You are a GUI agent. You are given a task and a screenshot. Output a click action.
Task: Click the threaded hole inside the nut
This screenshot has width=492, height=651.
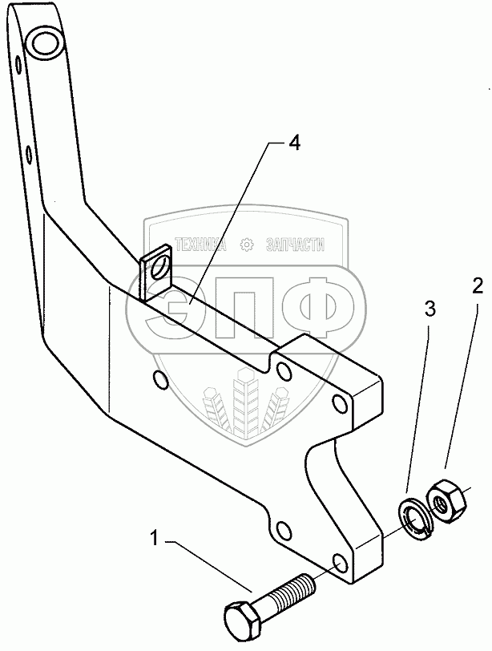440,503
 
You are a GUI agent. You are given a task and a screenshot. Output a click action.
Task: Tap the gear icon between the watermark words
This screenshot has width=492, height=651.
248,245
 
